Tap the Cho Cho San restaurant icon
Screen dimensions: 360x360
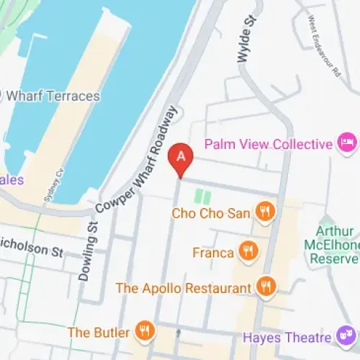point(266,212)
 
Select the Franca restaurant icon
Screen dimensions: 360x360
point(249,252)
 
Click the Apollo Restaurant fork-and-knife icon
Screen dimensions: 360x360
point(266,287)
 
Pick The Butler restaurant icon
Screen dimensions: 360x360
point(145,332)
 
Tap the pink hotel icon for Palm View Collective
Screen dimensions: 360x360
point(348,143)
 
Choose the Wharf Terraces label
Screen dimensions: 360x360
point(49,94)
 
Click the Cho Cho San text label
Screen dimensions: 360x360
point(210,213)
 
